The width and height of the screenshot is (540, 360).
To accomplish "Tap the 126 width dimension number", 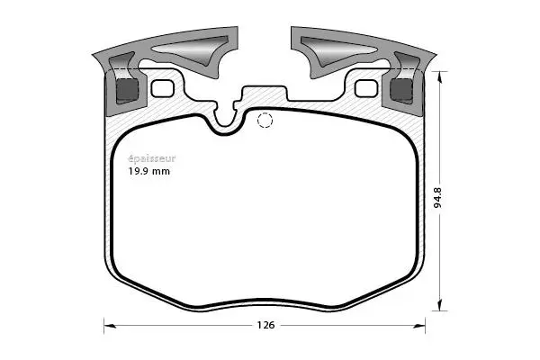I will click(265, 325).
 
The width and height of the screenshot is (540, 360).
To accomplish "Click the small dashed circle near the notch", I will click(265, 121).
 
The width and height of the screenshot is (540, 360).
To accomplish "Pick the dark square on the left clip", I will click(128, 90).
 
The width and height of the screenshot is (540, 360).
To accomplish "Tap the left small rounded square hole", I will click(163, 88).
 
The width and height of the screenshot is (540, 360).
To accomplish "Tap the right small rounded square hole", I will click(364, 88).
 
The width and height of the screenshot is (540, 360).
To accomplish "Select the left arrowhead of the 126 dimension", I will click(108, 325).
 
